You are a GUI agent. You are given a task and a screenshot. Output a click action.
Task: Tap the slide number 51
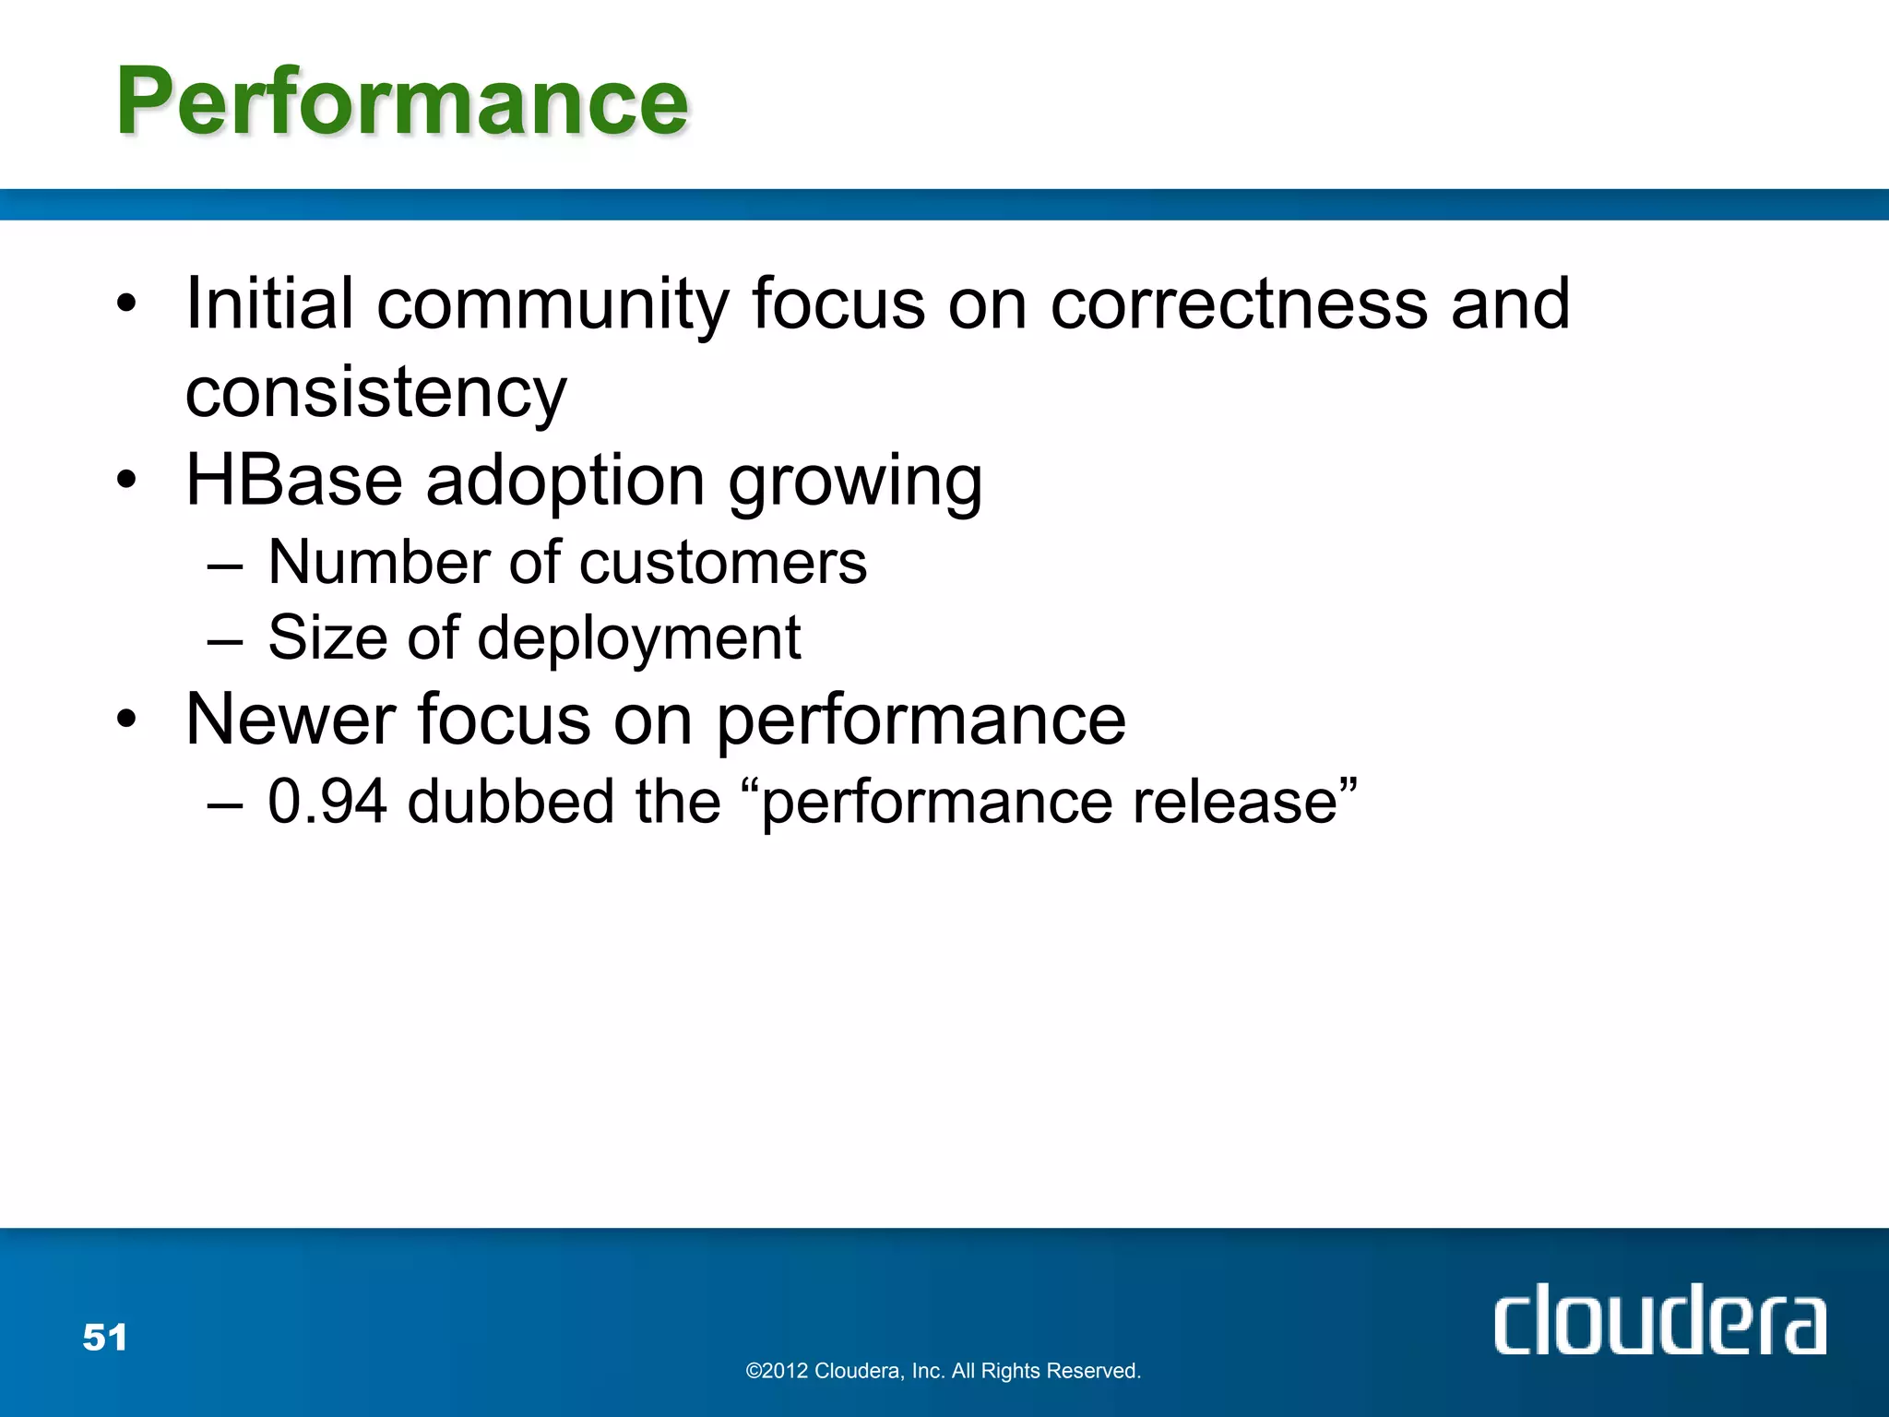pyautogui.click(x=105, y=1337)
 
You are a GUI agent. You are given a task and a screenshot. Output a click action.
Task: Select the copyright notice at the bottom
pyautogui.click(x=943, y=1371)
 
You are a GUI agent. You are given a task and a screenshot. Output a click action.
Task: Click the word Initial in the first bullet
pyautogui.click(x=269, y=304)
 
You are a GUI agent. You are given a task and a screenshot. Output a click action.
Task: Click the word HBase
pyautogui.click(x=294, y=481)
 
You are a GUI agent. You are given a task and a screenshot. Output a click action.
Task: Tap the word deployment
pyautogui.click(x=638, y=638)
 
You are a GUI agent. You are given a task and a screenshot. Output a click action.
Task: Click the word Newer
pyautogui.click(x=291, y=720)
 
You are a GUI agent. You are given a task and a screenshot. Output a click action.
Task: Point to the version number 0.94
pyautogui.click(x=327, y=801)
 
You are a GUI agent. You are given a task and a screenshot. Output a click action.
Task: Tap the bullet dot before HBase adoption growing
pyautogui.click(x=126, y=480)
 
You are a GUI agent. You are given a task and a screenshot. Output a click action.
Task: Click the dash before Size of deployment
pyautogui.click(x=225, y=639)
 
